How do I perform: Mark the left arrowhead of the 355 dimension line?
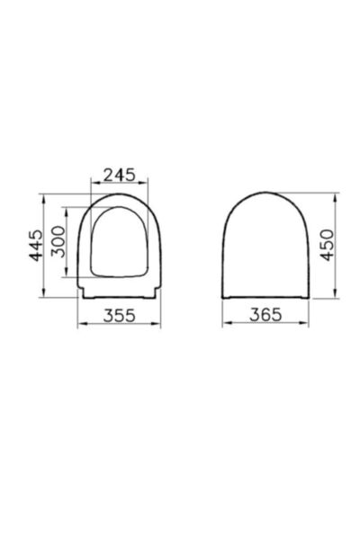pos(82,325)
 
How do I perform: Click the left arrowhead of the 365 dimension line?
pos(225,325)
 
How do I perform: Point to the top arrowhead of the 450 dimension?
pos(337,193)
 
